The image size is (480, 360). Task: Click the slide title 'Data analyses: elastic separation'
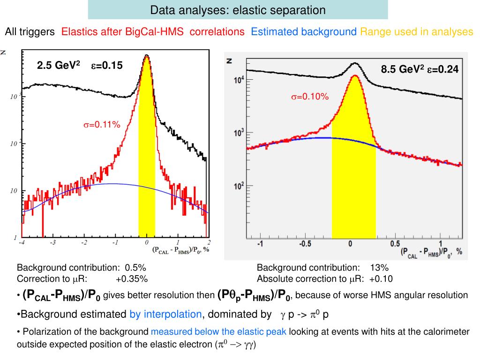pyautogui.click(x=238, y=10)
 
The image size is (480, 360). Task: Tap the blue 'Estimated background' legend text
pyautogui.click(x=303, y=32)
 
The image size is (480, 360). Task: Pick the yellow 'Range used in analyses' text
pyautogui.click(x=416, y=32)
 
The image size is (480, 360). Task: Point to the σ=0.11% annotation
pyautogui.click(x=102, y=125)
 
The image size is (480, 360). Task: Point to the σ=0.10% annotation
pyautogui.click(x=310, y=97)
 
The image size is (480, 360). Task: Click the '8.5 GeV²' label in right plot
pyautogui.click(x=402, y=69)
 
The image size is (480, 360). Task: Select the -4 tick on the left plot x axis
pyautogui.click(x=22, y=243)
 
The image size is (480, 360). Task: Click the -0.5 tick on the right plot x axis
pyautogui.click(x=306, y=245)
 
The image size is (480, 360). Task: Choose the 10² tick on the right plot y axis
pyautogui.click(x=239, y=186)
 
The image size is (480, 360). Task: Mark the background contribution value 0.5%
pyautogui.click(x=135, y=268)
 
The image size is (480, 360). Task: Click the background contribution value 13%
pyautogui.click(x=379, y=268)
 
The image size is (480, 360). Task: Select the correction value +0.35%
pyautogui.click(x=132, y=279)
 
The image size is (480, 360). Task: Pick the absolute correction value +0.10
pyautogui.click(x=381, y=279)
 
